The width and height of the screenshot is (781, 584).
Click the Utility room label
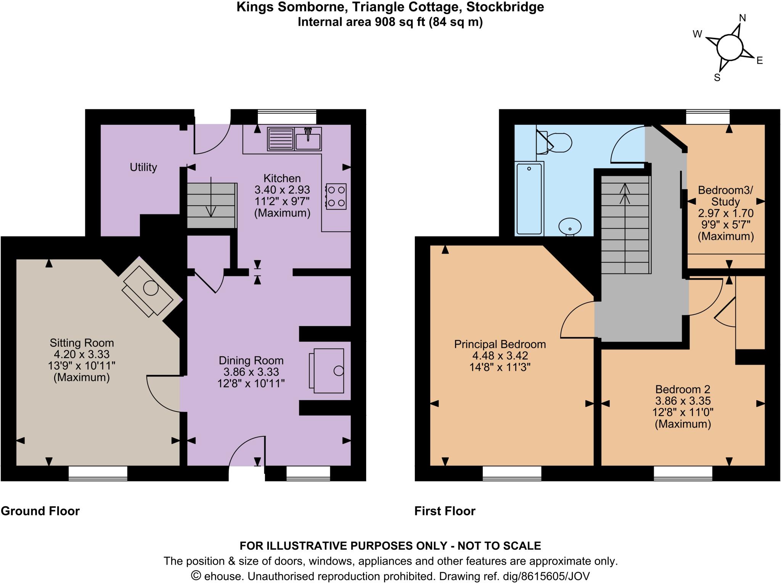[143, 167]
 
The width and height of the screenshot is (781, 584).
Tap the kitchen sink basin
[308, 139]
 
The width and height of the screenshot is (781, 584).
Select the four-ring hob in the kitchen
[336, 196]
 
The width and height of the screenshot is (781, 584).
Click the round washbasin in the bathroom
[570, 226]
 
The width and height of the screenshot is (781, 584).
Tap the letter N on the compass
[742, 18]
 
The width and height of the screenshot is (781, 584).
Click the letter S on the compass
[717, 78]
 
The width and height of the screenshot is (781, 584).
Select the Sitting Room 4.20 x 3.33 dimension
[82, 354]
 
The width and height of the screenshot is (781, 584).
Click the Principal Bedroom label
[500, 344]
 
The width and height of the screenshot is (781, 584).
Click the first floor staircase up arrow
[625, 195]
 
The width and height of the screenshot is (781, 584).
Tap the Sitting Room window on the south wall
[98, 473]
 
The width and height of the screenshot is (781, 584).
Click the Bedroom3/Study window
[707, 117]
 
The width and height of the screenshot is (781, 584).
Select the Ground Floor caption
[40, 511]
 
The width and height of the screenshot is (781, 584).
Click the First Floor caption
[445, 511]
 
